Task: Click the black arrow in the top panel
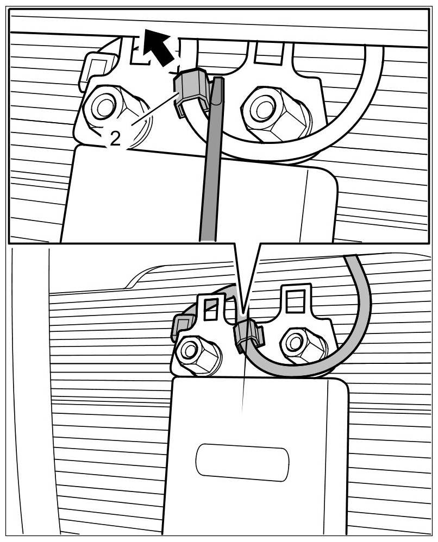tap(158, 48)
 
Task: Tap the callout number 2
tap(115, 139)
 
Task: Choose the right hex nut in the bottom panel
tap(296, 342)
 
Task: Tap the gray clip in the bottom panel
tap(248, 335)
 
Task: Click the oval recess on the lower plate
tap(242, 462)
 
